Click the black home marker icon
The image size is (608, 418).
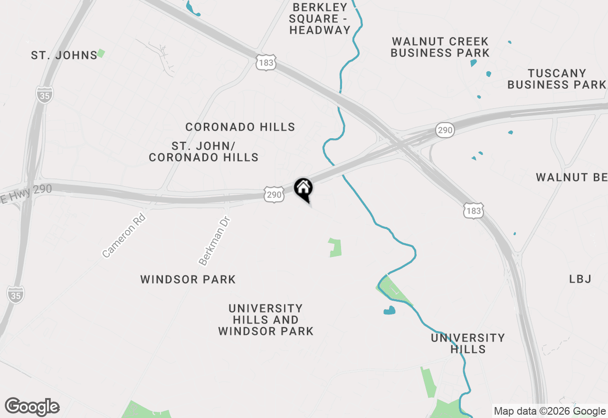(303, 188)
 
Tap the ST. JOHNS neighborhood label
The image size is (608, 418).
(64, 56)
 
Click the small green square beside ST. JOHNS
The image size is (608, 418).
(101, 54)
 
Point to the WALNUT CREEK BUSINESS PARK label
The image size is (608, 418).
(440, 47)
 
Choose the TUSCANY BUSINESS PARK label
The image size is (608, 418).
(556, 79)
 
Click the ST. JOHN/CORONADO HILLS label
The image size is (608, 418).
(204, 152)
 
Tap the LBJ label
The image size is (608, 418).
(580, 279)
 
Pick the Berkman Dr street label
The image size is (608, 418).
(214, 241)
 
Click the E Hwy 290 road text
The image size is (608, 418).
(26, 192)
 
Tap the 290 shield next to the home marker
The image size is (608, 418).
(275, 194)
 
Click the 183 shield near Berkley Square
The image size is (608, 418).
(266, 62)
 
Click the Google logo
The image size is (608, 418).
(32, 407)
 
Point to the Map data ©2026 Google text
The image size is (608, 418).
(549, 411)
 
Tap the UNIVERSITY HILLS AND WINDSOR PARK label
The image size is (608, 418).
(266, 320)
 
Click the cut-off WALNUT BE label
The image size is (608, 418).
(571, 177)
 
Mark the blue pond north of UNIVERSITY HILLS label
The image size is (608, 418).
(389, 311)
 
